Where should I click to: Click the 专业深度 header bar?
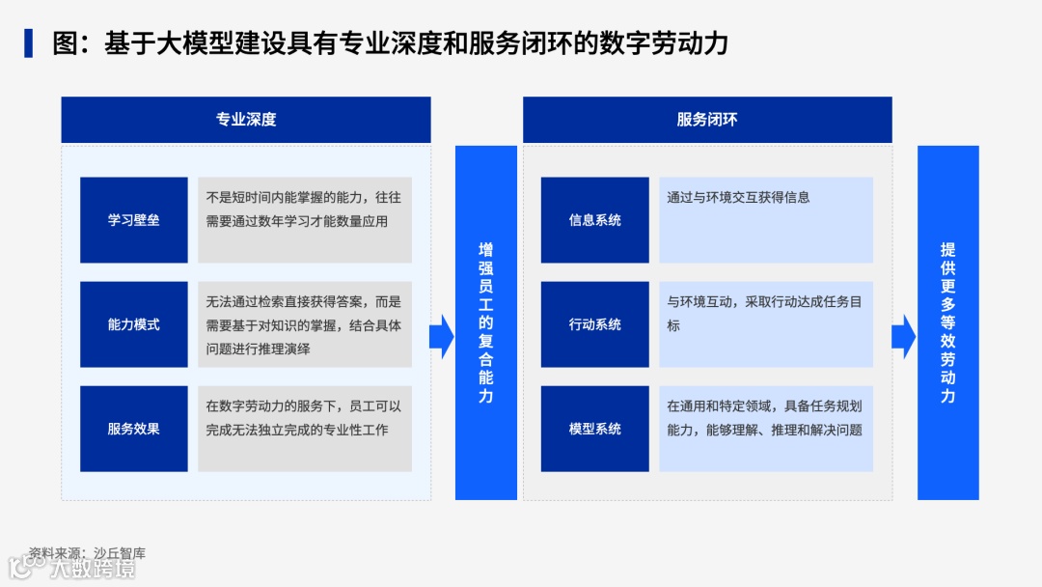tap(246, 120)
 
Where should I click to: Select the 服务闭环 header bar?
tap(707, 120)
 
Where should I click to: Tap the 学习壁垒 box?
tap(133, 220)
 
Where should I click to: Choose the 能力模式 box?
tap(133, 324)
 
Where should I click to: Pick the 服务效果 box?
tap(133, 429)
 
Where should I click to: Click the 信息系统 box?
tap(594, 220)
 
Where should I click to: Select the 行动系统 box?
tap(594, 324)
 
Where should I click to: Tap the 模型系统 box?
tap(594, 429)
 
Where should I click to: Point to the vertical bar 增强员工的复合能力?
tap(486, 322)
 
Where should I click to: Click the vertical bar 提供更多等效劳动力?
tap(947, 322)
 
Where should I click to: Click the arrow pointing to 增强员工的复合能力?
tap(442, 335)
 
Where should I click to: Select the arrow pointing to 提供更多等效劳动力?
tap(903, 335)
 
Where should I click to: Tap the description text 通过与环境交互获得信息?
tap(738, 197)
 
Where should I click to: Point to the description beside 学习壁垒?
tap(304, 209)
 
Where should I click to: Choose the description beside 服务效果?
tap(304, 418)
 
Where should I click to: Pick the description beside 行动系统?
tap(764, 314)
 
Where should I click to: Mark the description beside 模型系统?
tap(764, 418)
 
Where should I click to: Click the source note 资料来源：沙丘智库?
tap(87, 553)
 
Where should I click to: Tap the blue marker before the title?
tap(29, 43)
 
